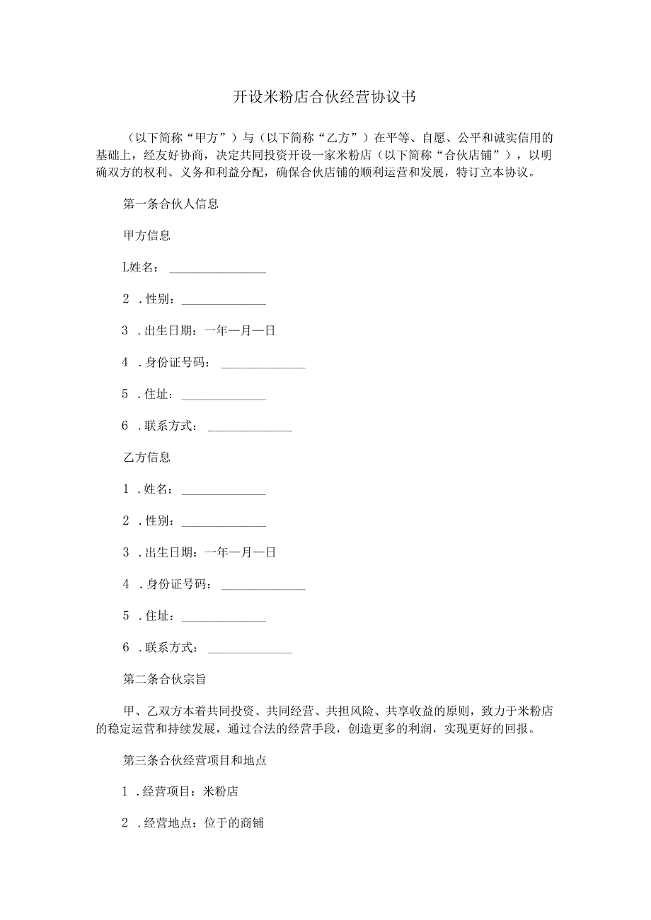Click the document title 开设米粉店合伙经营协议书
pyautogui.click(x=325, y=98)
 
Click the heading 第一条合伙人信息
pyautogui.click(x=171, y=204)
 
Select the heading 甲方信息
pyautogui.click(x=146, y=235)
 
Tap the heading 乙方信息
pyautogui.click(x=146, y=458)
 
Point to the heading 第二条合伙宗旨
pyautogui.click(x=165, y=680)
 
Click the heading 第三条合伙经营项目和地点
pyautogui.click(x=195, y=761)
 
